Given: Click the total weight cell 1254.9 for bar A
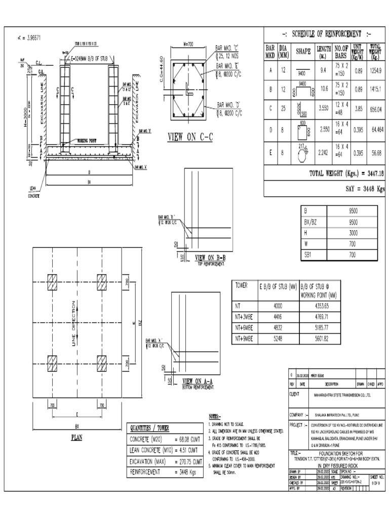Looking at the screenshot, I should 375,72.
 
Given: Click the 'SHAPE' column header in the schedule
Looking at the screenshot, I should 304,51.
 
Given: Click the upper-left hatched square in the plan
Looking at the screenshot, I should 53,281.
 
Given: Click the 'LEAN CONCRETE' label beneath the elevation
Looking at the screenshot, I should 33,193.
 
